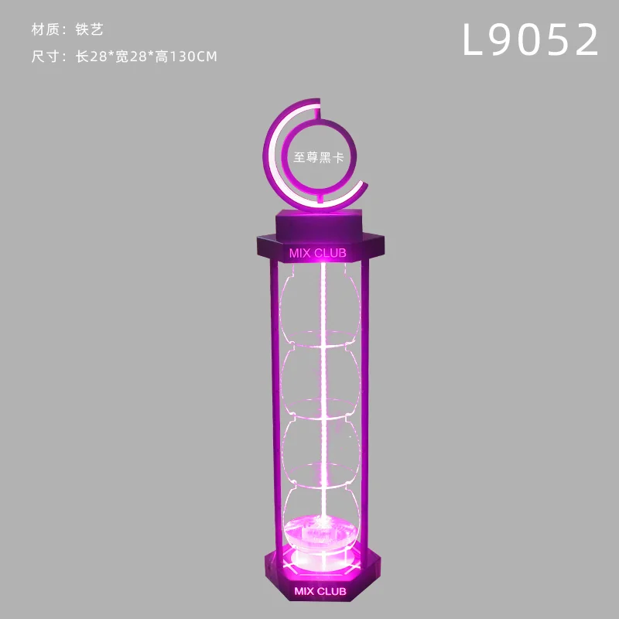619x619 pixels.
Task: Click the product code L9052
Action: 530,39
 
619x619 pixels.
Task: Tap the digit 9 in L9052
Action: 501,39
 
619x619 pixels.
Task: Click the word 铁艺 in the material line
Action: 90,29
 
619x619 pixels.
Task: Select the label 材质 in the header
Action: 46,29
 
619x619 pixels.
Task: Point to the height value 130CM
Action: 193,56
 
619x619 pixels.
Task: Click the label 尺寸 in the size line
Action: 46,56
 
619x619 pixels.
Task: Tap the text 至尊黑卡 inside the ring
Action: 319,157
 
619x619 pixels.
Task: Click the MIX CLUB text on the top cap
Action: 318,253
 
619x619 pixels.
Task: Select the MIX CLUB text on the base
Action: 320,591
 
